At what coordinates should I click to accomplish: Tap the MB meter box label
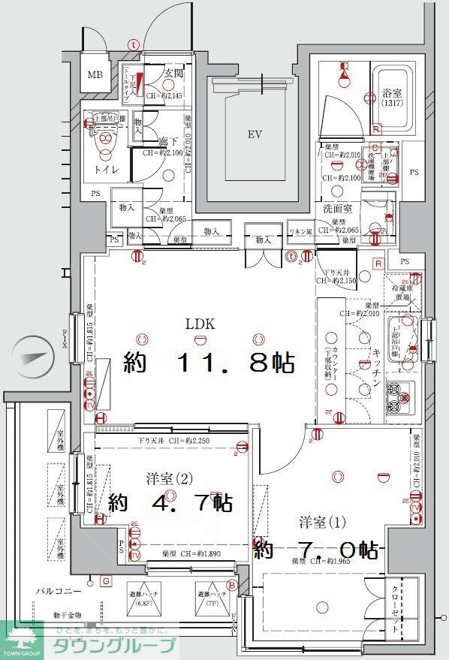point(95,75)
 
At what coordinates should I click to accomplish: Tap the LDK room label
point(201,324)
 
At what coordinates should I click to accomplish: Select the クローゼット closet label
point(396,607)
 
